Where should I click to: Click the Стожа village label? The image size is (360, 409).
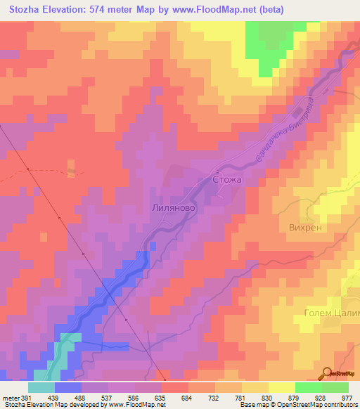[x=226, y=180]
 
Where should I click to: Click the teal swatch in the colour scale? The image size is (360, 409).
[x=41, y=388]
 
